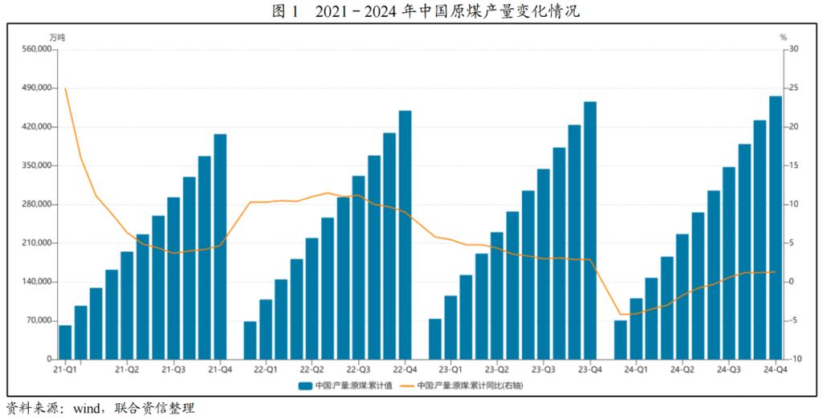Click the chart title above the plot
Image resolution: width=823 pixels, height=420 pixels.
410,11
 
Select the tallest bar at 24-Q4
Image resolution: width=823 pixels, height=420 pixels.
776,228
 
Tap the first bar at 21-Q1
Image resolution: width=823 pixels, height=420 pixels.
65,342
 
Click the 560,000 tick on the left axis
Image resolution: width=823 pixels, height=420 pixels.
35,49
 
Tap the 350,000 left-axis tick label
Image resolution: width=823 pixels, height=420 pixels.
35,165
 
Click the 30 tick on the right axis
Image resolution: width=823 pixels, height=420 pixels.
794,49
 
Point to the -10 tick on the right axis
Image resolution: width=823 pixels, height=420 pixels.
794,359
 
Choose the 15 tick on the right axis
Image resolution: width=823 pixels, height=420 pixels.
794,165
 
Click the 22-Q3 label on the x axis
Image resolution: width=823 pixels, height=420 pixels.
358,370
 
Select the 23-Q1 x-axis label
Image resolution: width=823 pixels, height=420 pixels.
450,370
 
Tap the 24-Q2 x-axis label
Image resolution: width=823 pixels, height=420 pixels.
682,370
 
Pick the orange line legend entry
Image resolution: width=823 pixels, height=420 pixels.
466,385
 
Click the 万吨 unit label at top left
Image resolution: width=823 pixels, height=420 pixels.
56,37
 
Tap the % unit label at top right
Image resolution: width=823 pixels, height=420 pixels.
783,37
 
